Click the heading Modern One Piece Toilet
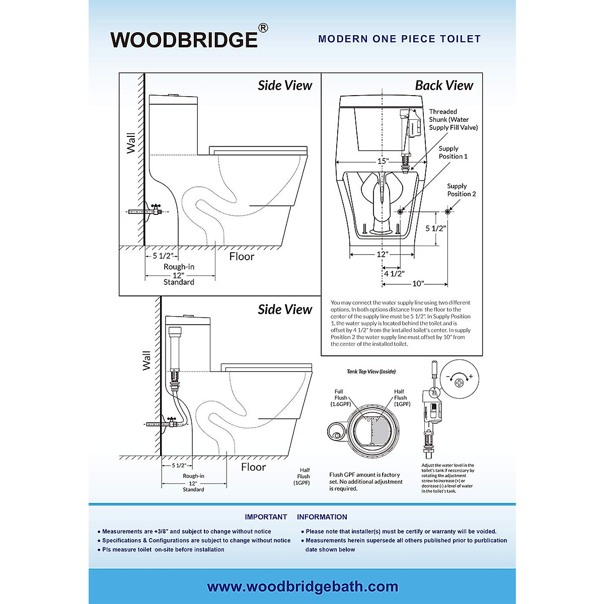tap(399, 39)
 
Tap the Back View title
tap(443, 86)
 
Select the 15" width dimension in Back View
tap(383, 161)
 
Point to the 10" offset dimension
tap(418, 284)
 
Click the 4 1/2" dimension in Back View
tap(394, 274)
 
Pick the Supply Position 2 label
tap(461, 190)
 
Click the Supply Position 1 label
tap(452, 153)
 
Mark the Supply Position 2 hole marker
tap(447, 211)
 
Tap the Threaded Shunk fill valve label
tap(453, 120)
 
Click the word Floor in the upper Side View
tap(242, 257)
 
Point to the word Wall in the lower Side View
tap(146, 360)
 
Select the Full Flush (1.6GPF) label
tap(340, 398)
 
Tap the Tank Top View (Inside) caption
tap(371, 371)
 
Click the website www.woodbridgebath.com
tap(302, 587)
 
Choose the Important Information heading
tap(296, 517)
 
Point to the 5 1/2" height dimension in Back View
tap(435, 229)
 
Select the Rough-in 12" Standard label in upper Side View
tap(179, 274)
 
